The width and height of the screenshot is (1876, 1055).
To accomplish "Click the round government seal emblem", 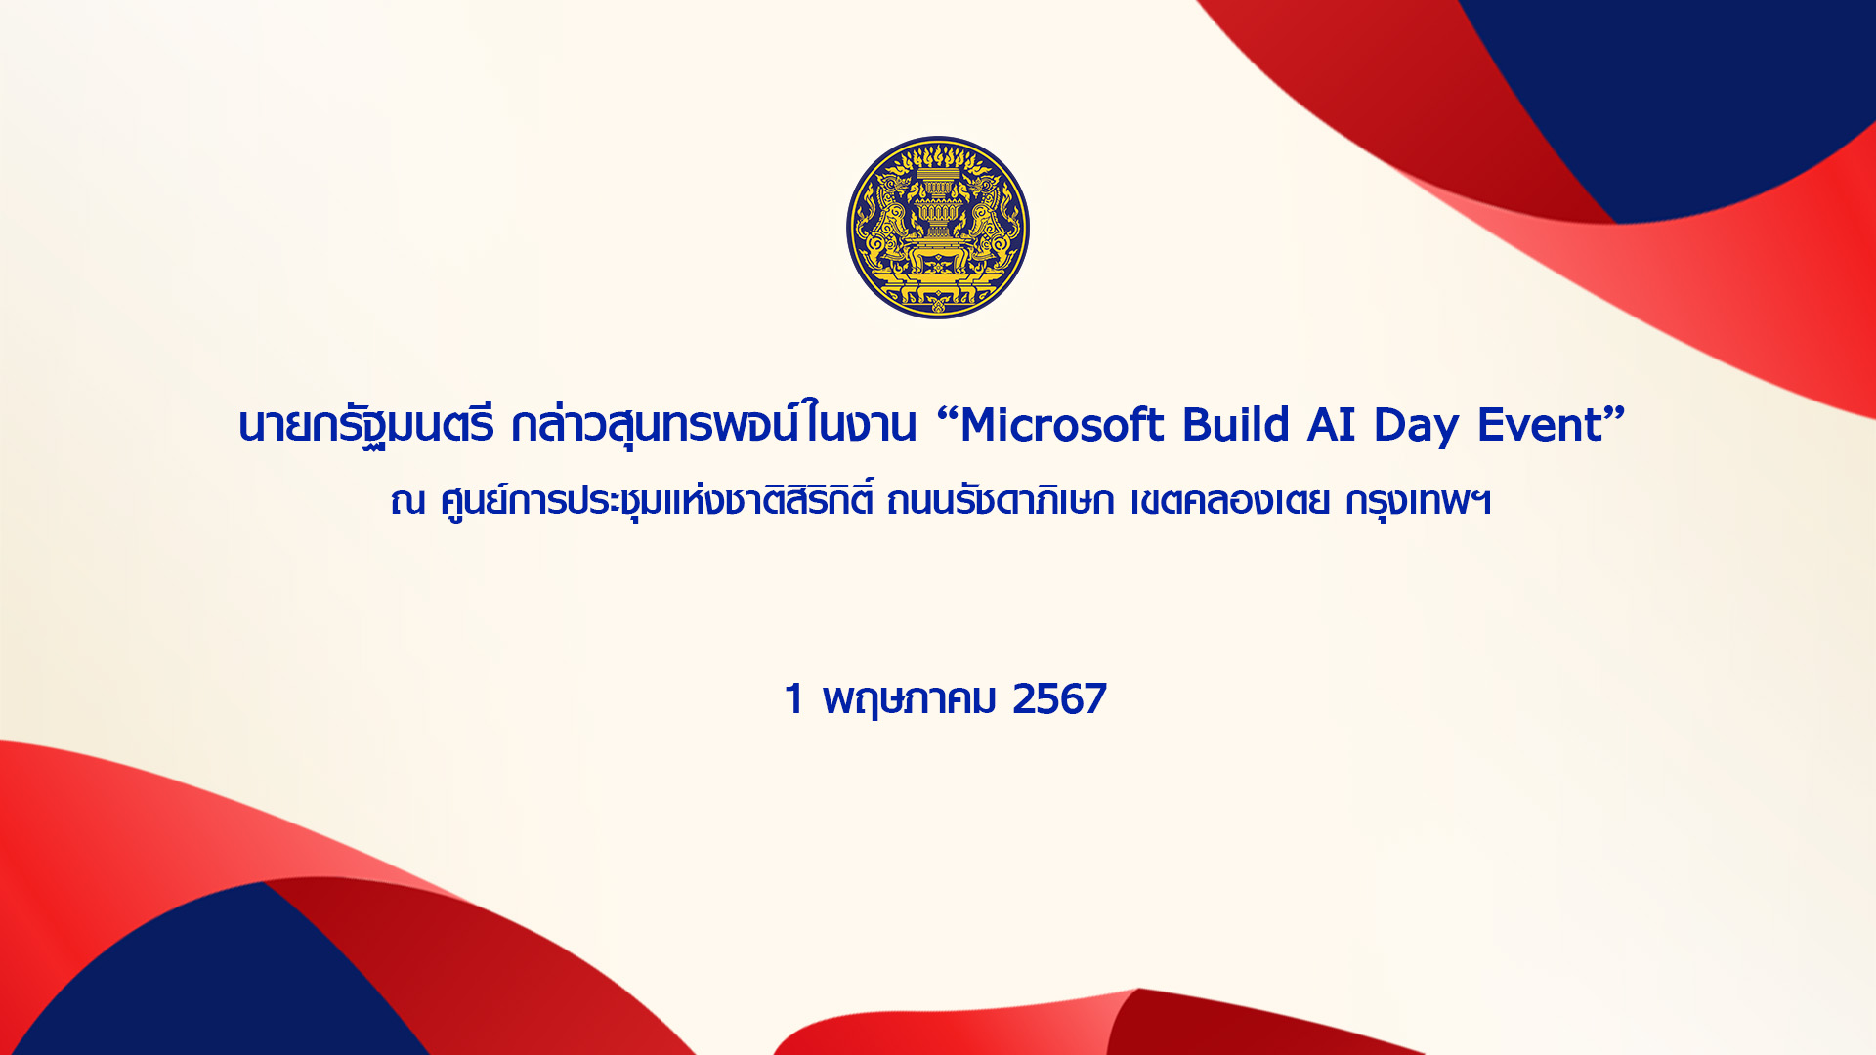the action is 938,228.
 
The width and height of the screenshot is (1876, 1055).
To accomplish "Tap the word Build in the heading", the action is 1236,425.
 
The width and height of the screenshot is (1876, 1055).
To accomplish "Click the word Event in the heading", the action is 1540,426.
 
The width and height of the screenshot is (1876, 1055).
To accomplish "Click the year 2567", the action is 1059,699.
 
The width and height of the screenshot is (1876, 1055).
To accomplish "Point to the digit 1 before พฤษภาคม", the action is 793,699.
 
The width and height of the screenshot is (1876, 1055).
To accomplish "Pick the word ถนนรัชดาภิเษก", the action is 1000,501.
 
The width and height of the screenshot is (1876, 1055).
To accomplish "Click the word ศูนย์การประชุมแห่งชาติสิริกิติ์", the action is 656,498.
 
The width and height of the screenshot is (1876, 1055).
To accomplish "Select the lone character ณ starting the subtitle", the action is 407,502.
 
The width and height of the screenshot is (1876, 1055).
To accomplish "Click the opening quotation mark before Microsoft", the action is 946,414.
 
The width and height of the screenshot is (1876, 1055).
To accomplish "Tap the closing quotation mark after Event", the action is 1615,414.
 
